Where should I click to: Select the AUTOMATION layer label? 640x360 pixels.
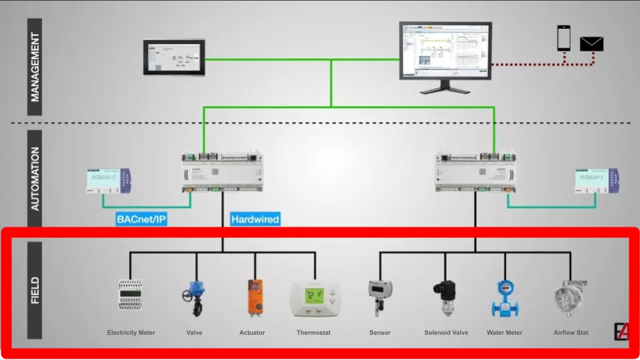coord(35,179)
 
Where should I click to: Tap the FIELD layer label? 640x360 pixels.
coord(35,290)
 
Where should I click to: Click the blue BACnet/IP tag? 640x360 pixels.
coord(141,219)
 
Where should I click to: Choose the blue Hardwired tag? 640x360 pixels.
coord(255,219)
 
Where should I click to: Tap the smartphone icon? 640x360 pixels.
coord(564,38)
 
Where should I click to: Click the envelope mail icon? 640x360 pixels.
coord(591,44)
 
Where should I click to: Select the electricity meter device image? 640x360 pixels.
coord(131,295)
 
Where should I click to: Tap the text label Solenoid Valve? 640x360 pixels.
coord(446,333)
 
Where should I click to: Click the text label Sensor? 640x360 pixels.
coord(380,333)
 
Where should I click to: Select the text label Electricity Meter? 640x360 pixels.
coord(131,333)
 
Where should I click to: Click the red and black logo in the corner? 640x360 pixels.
coord(621,331)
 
